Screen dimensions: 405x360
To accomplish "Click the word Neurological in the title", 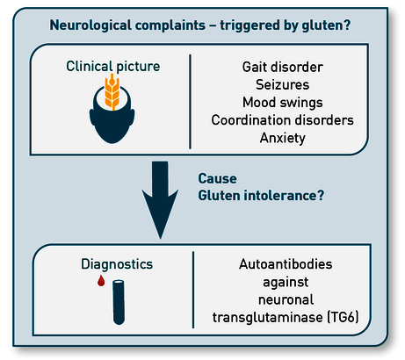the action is coord(90,25).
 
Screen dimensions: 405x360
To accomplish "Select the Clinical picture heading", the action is coord(113,67).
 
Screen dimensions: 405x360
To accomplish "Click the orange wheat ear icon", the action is coord(112,91).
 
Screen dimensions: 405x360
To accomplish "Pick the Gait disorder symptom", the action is coord(283,67).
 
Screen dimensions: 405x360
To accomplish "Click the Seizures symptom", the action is coord(283,84).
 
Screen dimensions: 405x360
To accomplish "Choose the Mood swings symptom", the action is coord(283,103).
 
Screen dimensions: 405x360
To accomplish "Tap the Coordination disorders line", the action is coord(283,120).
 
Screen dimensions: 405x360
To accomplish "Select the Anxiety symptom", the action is coord(283,138).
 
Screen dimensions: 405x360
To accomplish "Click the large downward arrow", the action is coord(160,200).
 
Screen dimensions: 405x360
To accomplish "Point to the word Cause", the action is coord(218,178).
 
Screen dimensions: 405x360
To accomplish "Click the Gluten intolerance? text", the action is coord(261,196).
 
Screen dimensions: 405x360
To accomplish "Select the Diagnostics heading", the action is coord(117,264).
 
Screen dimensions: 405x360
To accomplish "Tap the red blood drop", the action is coord(101,281).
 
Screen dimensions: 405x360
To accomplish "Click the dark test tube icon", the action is coord(119,302).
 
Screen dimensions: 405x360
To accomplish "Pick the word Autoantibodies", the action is coord(286,264).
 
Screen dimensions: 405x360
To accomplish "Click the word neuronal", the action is coord(286,299).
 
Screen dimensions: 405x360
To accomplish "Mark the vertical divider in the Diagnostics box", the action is coord(193,290).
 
